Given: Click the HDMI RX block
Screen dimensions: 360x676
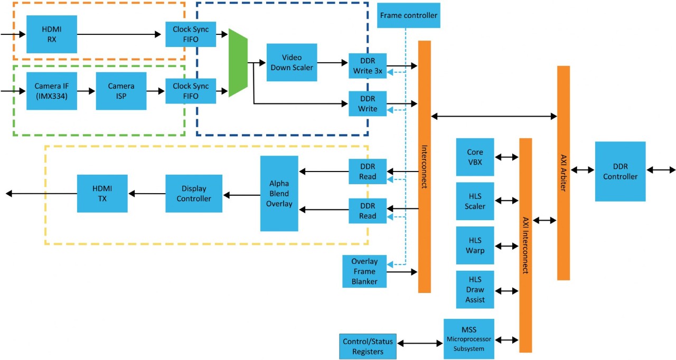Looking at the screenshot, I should (52, 34).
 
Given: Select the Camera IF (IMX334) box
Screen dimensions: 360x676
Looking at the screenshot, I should (52, 91).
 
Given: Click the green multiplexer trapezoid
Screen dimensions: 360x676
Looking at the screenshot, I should (238, 63).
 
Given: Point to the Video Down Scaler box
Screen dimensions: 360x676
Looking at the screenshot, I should (292, 62).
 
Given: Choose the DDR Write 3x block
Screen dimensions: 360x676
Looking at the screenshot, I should (368, 66).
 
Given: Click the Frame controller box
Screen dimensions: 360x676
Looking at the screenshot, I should (409, 15).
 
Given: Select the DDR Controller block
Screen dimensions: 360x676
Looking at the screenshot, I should (620, 171).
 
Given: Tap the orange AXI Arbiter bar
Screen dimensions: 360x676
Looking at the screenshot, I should (563, 173).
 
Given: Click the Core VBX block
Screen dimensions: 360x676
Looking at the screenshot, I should (475, 157).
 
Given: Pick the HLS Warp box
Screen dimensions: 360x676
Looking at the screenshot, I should (475, 245).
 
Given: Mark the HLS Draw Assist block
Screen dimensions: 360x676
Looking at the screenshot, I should (475, 290).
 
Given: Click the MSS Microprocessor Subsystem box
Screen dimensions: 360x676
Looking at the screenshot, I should (469, 339).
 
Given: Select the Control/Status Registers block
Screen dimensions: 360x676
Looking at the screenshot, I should (368, 346).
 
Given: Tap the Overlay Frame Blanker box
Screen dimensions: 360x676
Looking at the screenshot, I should (364, 271).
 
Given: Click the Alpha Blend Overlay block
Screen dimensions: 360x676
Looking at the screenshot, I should (279, 193).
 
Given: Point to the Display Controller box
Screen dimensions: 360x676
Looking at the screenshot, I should (194, 194).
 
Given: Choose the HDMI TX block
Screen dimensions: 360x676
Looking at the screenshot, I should (102, 194).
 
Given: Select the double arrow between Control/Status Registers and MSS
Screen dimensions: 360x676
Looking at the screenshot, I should (420, 344).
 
